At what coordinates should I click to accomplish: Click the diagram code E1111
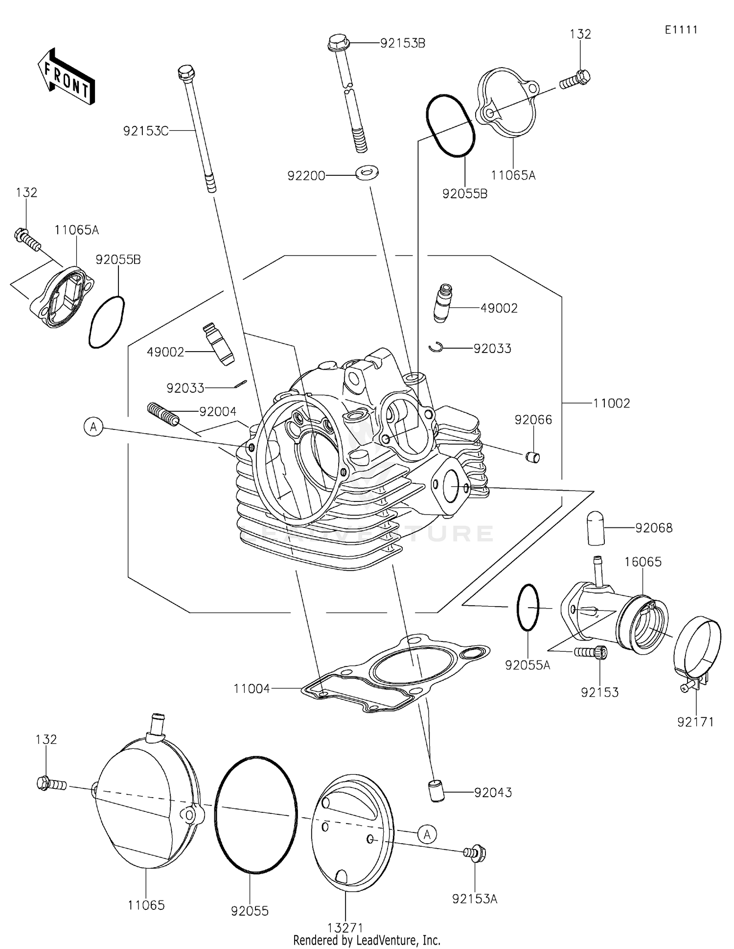681,30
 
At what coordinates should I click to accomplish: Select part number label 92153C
145,131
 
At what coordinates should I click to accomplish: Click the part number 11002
611,403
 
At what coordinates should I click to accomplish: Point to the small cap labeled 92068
596,528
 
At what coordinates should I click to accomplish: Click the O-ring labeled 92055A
528,607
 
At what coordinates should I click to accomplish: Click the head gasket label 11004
252,688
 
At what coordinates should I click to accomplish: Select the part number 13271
345,927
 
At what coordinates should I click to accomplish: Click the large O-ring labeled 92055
255,814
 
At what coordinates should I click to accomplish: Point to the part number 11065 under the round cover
146,905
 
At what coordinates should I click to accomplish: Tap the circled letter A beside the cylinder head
93,427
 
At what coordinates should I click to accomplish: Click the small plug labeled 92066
532,457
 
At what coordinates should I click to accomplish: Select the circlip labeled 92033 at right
435,347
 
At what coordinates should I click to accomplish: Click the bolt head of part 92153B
338,44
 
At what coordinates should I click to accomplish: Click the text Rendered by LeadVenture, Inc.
367,940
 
